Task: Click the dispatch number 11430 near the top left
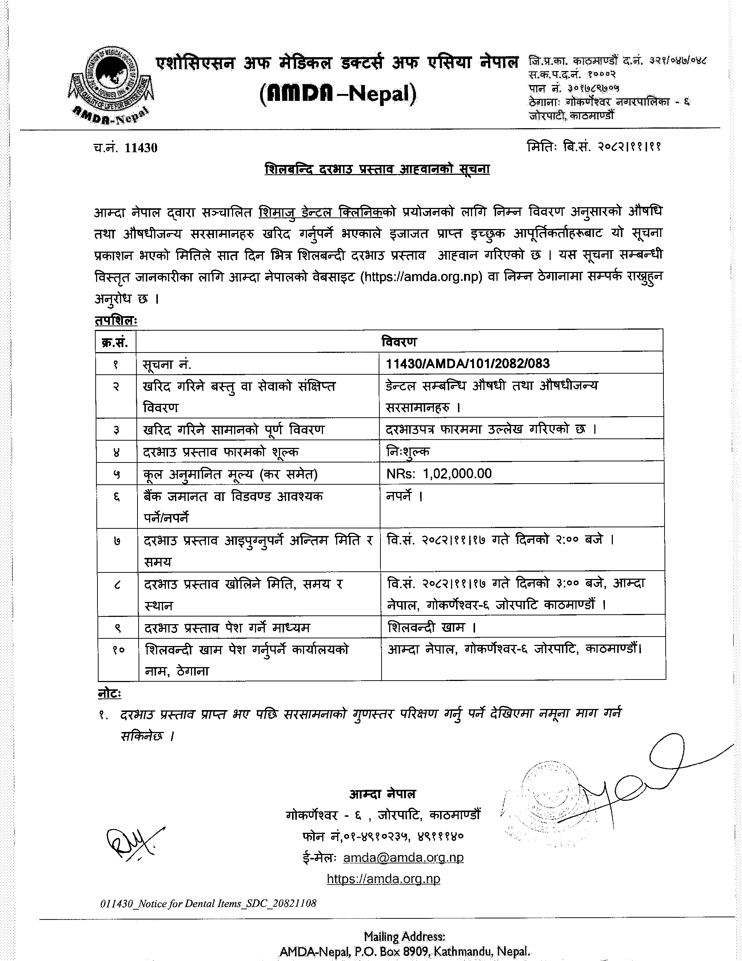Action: [x=141, y=148]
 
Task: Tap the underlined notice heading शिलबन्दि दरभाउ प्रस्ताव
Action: [x=377, y=169]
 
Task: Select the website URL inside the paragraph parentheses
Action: [x=421, y=277]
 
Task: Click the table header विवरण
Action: [x=399, y=342]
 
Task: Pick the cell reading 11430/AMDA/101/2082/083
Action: [x=468, y=363]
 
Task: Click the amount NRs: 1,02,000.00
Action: [x=439, y=473]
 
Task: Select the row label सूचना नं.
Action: [x=167, y=364]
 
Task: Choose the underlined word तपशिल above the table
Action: [x=116, y=321]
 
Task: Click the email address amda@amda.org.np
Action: [x=403, y=858]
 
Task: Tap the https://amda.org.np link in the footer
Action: [x=383, y=879]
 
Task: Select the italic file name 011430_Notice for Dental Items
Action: [x=208, y=904]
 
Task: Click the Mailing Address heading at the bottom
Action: [x=404, y=936]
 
